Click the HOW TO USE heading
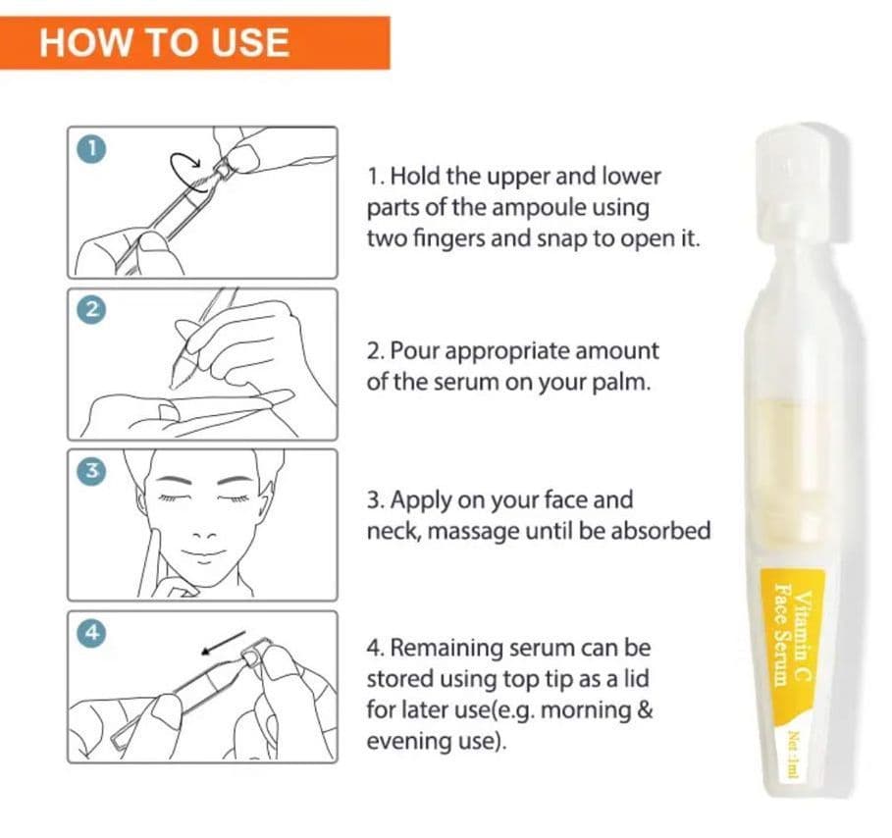(164, 42)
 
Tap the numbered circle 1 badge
(91, 148)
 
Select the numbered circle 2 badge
(91, 309)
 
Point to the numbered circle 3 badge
(91, 470)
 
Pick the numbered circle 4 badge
(91, 632)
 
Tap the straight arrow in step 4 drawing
(224, 643)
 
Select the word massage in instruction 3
(473, 532)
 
